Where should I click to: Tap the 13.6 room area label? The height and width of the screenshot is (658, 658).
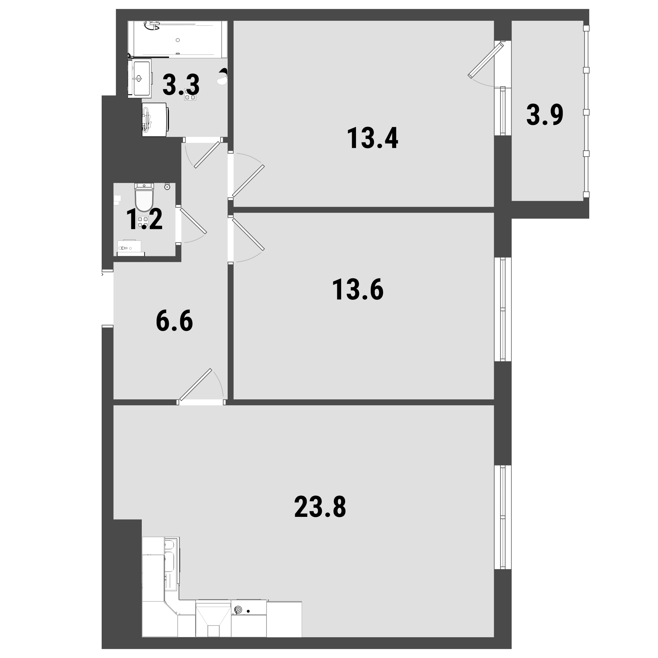pos(358,290)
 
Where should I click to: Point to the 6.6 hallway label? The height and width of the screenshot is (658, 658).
pos(174,321)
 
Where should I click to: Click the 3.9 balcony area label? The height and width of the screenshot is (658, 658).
pos(544,115)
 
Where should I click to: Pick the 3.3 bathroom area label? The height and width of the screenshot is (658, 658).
pos(181,85)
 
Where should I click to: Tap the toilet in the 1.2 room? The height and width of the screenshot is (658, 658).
pos(144,197)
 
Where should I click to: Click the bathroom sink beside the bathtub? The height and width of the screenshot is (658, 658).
pos(139,78)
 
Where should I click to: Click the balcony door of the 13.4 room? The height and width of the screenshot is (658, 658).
pos(486,60)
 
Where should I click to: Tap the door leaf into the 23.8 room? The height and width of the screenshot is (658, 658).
pos(196,385)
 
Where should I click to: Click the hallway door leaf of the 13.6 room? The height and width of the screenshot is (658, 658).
pos(248,235)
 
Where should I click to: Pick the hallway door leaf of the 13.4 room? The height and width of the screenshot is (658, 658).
pos(248,181)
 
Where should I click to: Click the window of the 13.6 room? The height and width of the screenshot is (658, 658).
pos(503,309)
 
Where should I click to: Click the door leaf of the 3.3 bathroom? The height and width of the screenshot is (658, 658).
pos(207,155)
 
